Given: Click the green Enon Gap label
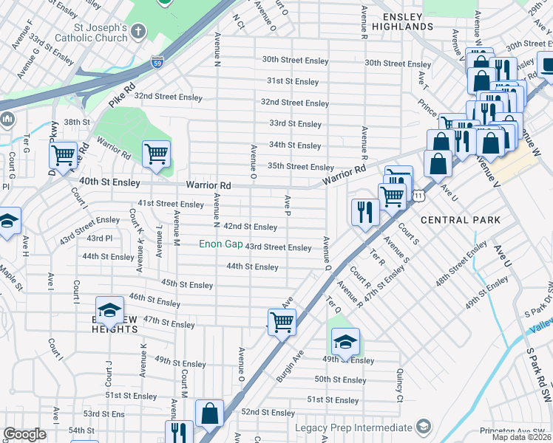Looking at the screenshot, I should [x=221, y=244].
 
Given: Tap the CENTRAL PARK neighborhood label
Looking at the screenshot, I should [x=460, y=220].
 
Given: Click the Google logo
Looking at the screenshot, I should [x=24, y=435].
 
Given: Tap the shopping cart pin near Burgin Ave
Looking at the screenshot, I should [x=282, y=321].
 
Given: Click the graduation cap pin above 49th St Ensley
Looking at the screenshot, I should [x=345, y=341].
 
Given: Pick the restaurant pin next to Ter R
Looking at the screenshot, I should [x=364, y=211].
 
